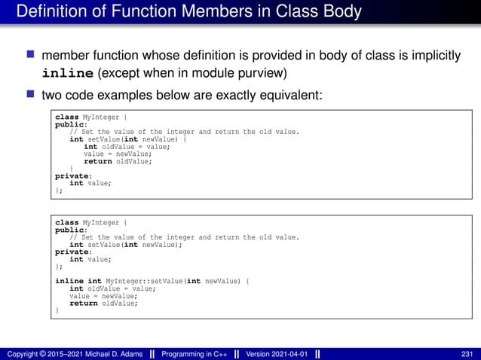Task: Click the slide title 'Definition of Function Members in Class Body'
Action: [x=188, y=13]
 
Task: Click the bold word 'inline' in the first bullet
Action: [x=68, y=73]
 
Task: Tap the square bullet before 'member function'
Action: [x=31, y=55]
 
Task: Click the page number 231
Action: [x=467, y=354]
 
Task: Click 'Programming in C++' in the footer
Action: [x=195, y=354]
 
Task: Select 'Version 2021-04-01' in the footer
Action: [x=275, y=354]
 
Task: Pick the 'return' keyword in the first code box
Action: [x=97, y=161]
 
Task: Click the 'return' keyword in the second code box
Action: [x=84, y=303]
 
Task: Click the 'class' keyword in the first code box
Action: [x=66, y=117]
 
